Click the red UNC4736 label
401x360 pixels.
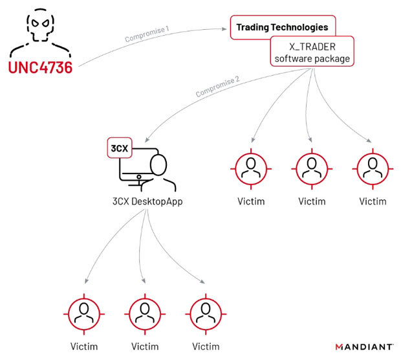point(40,67)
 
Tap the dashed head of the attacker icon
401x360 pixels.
point(40,25)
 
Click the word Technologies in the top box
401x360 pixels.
point(299,27)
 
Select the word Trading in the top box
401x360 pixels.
point(252,27)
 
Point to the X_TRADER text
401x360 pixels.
point(312,47)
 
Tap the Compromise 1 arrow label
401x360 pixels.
point(147,34)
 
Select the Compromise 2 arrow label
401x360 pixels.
point(217,86)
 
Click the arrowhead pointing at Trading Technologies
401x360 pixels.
point(224,29)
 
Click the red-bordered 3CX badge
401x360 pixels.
point(120,148)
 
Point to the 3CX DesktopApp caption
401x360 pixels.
point(147,201)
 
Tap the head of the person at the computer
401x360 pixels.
point(158,165)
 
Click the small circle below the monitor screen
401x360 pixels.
point(139,177)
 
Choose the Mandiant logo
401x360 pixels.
point(364,347)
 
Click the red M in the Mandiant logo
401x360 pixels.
point(339,347)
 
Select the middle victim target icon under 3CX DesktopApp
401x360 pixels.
point(145,314)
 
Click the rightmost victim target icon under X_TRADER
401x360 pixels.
point(373,169)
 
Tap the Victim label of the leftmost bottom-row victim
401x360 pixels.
point(84,346)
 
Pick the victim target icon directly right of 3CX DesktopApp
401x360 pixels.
point(251,169)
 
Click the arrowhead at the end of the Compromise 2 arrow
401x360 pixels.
point(147,140)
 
